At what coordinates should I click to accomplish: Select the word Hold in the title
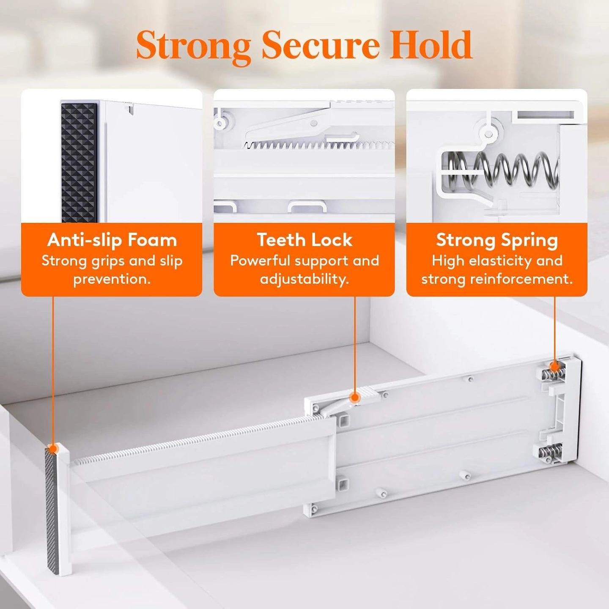tap(431, 44)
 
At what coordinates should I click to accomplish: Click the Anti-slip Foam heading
tap(112, 240)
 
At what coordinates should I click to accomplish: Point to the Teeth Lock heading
tap(304, 240)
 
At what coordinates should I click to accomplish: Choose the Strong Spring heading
tap(497, 241)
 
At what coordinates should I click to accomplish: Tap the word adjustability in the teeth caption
tap(304, 280)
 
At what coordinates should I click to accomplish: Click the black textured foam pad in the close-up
tap(79, 163)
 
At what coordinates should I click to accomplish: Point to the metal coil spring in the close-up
tap(502, 169)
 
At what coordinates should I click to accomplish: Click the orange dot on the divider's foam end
tap(53, 448)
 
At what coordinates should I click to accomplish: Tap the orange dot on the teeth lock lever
tap(355, 397)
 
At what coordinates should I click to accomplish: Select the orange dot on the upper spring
tap(554, 367)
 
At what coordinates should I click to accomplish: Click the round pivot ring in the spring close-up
tap(488, 134)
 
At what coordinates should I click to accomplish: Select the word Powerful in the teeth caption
tap(260, 261)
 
